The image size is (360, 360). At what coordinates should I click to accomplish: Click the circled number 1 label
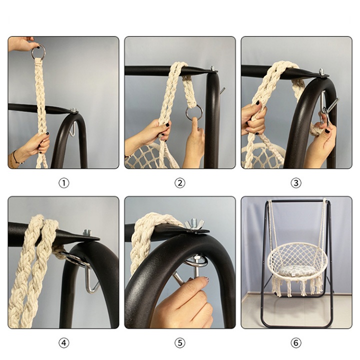tap(64, 183)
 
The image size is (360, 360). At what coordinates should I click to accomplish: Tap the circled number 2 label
tap(180, 183)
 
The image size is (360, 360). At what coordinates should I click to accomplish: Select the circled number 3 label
tap(296, 183)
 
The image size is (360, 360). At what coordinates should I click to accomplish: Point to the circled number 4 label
tap(64, 343)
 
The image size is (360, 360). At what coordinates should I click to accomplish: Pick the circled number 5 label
tap(180, 343)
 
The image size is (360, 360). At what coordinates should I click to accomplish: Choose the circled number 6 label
tap(296, 343)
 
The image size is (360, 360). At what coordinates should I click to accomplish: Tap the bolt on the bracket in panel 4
tap(87, 233)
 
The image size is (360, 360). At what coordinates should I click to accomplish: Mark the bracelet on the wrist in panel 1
tap(15, 158)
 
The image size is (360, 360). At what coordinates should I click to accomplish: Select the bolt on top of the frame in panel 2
tap(212, 68)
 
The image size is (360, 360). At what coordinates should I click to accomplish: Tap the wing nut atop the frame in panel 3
tap(321, 72)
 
